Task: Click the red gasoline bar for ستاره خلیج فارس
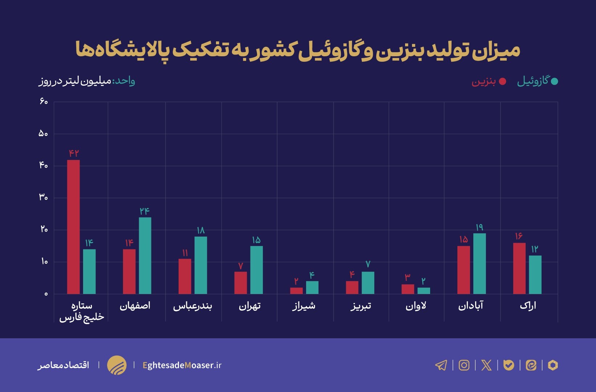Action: tap(73, 227)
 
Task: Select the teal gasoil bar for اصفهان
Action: tap(145, 256)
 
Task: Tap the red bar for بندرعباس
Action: tap(185, 276)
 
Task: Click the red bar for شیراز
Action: tap(296, 291)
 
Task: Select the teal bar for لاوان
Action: tap(424, 291)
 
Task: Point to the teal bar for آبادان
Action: tap(479, 264)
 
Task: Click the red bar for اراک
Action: tap(519, 268)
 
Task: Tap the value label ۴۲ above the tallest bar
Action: tap(74, 153)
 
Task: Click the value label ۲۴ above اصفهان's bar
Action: tap(144, 211)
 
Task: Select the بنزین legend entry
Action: tap(489, 81)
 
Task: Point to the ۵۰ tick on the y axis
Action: tap(43, 134)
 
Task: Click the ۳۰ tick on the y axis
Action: tap(43, 197)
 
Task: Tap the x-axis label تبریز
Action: tap(361, 306)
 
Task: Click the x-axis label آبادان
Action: tap(471, 306)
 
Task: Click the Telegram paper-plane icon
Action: tap(441, 365)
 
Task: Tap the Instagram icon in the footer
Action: tap(464, 365)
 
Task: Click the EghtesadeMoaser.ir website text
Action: tap(182, 365)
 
